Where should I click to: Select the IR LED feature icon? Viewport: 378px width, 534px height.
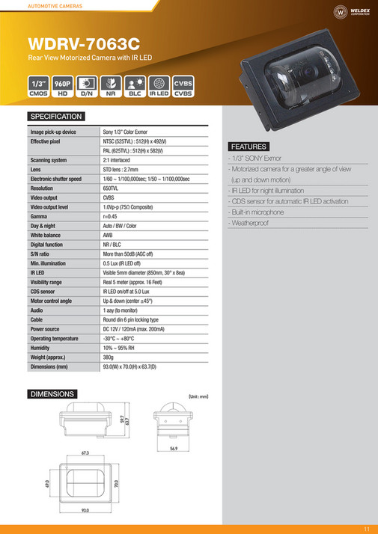click(x=159, y=87)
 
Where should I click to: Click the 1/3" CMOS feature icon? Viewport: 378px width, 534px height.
click(x=39, y=87)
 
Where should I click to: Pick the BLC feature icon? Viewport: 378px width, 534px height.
click(x=135, y=87)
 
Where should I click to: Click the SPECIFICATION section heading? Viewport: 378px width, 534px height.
click(x=56, y=117)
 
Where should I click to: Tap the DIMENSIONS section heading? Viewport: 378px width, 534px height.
click(x=52, y=393)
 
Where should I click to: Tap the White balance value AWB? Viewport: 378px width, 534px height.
click(x=109, y=236)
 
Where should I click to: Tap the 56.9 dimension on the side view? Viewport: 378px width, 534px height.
click(x=173, y=449)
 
